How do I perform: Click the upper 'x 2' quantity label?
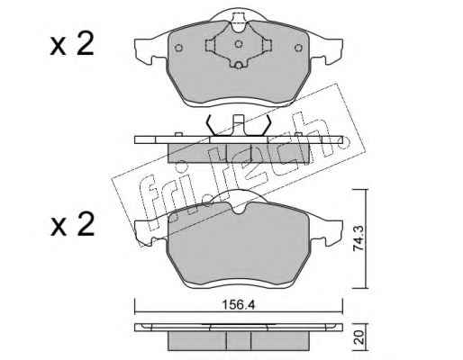(72, 44)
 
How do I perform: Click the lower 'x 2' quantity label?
(72, 224)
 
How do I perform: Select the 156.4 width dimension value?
(239, 305)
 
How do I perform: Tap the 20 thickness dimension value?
(360, 337)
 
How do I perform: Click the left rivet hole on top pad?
(178, 48)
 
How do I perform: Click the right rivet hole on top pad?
(298, 48)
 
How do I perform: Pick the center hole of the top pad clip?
(239, 44)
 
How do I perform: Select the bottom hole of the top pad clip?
(239, 65)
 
